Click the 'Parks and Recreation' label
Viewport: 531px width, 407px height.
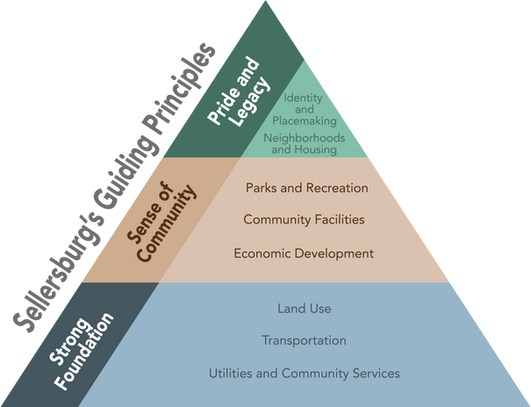306,188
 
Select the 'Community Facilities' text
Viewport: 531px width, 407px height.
304,219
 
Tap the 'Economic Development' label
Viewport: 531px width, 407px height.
304,253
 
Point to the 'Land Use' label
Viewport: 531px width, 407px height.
304,309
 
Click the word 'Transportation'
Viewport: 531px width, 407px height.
304,340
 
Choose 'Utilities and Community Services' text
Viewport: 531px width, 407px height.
304,374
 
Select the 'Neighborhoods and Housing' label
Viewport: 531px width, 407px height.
305,144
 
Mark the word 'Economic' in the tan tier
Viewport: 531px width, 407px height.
261,253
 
